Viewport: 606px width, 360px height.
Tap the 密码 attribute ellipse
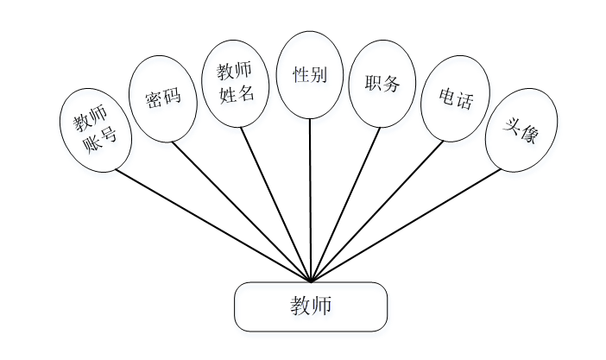point(164,99)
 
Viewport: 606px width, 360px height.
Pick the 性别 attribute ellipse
point(310,74)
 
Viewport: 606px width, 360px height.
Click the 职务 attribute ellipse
point(382,85)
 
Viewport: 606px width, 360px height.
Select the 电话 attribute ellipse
point(455,100)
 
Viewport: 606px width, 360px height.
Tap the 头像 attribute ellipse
point(521,129)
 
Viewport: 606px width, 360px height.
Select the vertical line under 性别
point(310,199)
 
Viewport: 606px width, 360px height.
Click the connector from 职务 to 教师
point(345,204)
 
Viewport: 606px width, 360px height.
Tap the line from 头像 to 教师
point(406,224)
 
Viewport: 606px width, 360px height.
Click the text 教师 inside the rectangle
point(311,306)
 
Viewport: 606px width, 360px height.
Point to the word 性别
point(310,74)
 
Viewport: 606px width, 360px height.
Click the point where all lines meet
point(310,281)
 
